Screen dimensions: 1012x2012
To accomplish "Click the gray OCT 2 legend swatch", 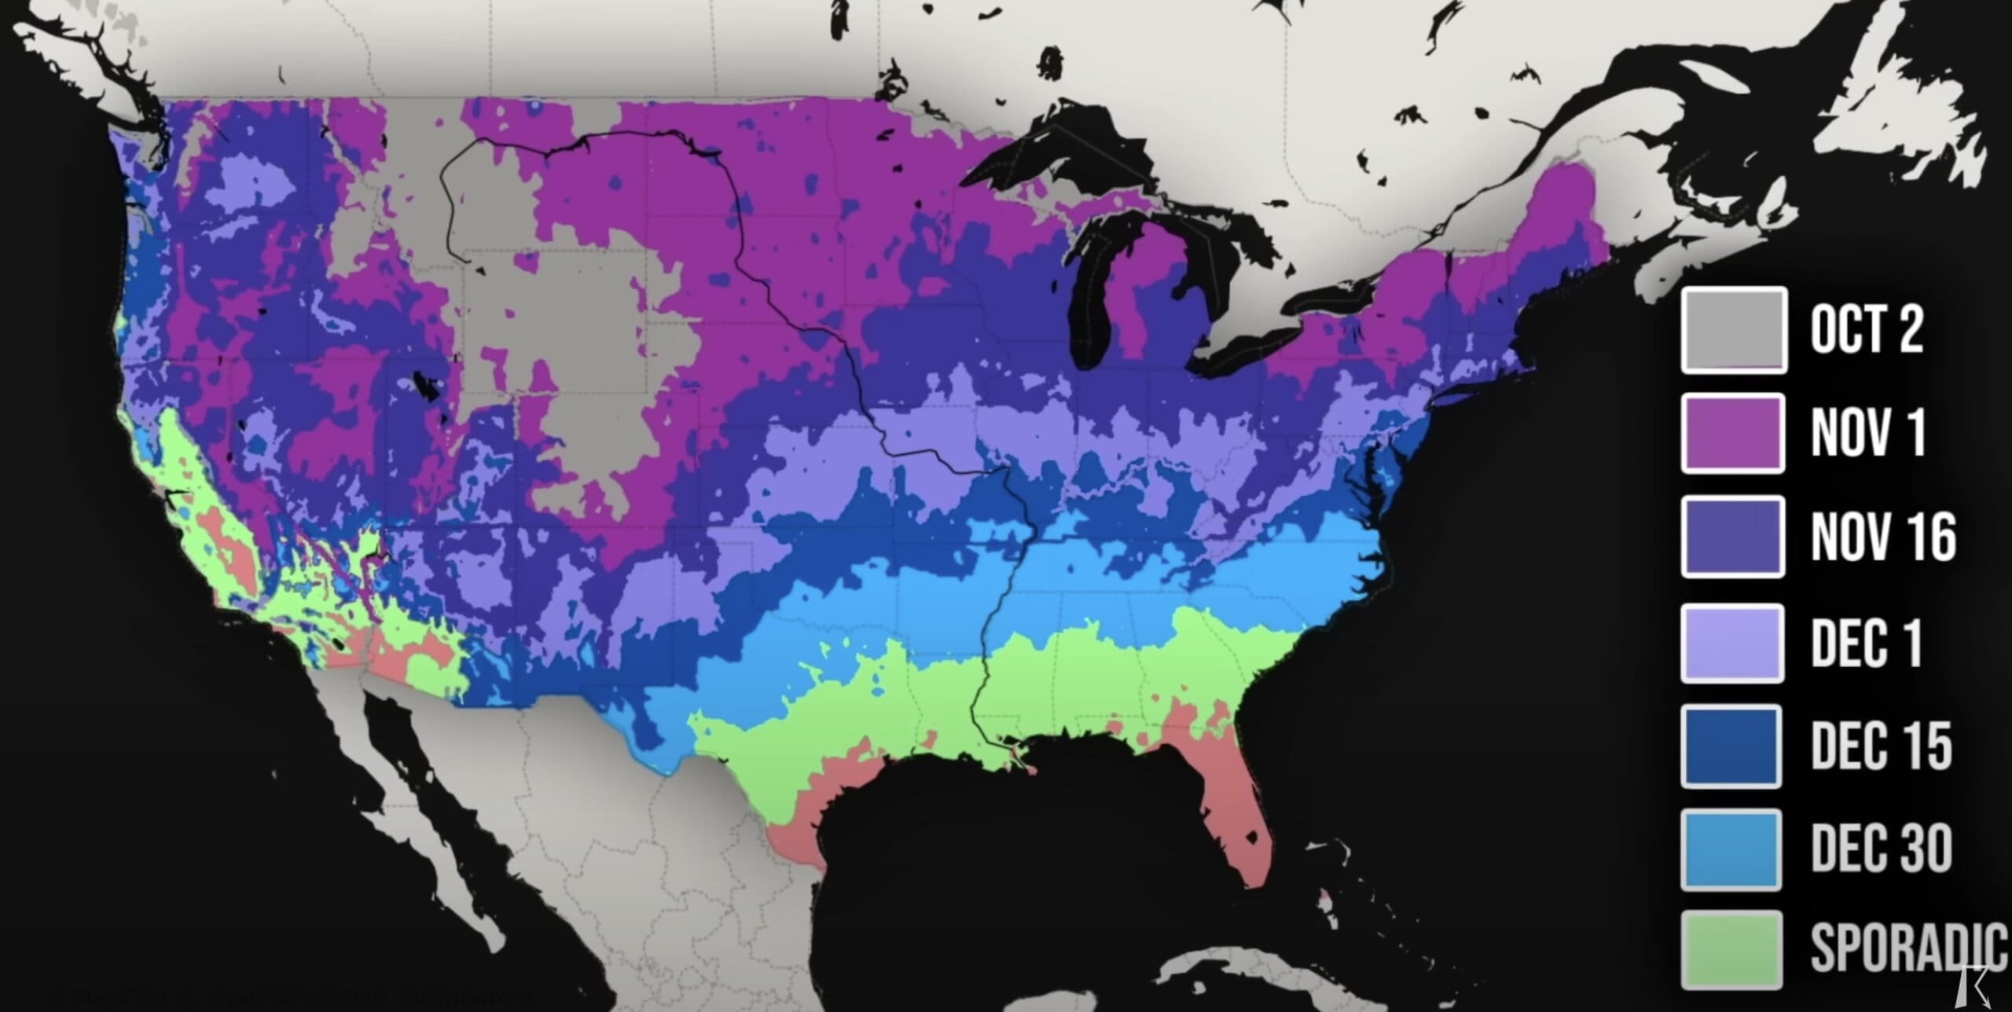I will pos(1734,330).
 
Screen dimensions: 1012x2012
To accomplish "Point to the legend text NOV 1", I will pos(1868,433).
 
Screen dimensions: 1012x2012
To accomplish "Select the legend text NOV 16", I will pos(1883,537).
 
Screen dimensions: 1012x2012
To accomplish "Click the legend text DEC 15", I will pos(1882,746).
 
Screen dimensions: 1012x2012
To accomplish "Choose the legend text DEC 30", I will pos(1882,850).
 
